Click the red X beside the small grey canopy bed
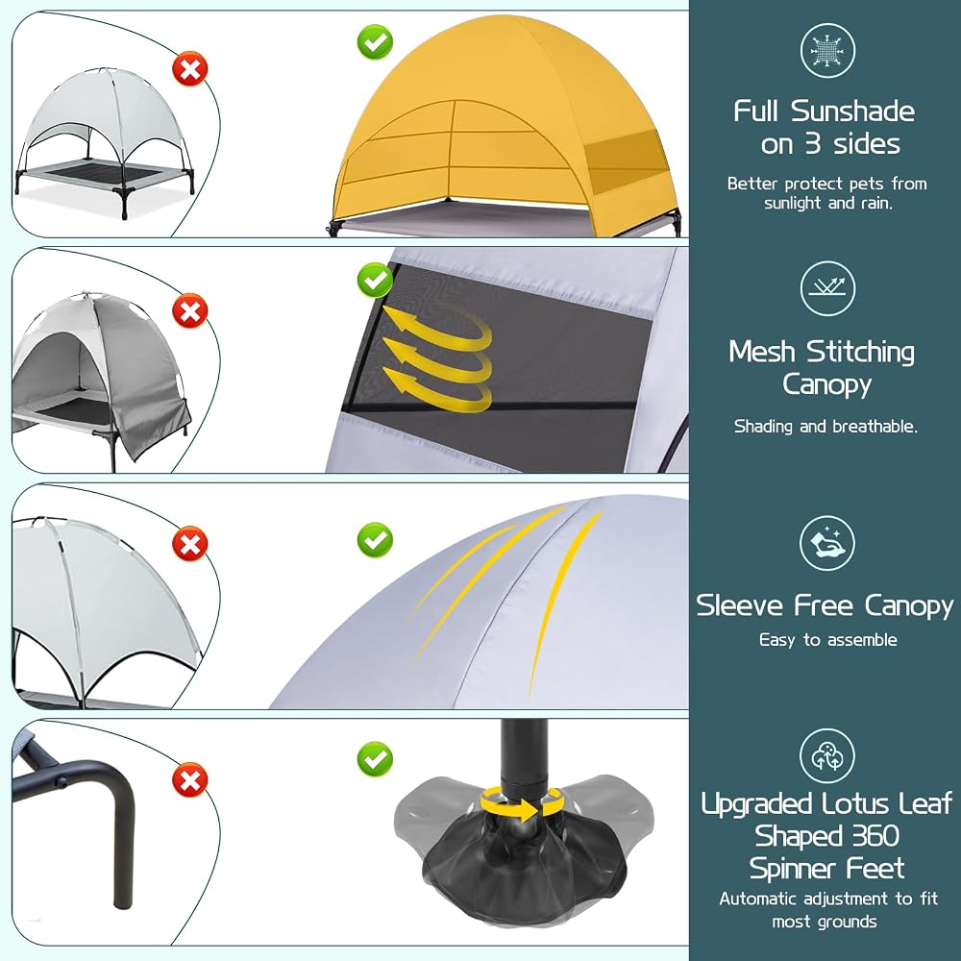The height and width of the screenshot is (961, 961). coord(190,69)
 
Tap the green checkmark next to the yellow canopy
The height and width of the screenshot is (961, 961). coord(375,42)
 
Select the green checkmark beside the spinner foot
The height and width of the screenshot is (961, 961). coord(375,759)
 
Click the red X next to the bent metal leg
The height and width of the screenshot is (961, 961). coord(190,780)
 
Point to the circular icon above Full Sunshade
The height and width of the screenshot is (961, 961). coord(827,51)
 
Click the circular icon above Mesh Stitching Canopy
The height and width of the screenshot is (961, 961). coord(827,288)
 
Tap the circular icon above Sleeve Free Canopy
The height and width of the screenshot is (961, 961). coord(827,543)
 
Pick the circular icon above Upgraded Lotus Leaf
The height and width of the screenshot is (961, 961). coord(827,755)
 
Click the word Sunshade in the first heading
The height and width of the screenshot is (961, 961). coord(852,111)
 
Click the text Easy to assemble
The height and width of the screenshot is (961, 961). coord(827,640)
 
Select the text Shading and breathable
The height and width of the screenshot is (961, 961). coord(825,427)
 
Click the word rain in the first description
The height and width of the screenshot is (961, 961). coord(876,203)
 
